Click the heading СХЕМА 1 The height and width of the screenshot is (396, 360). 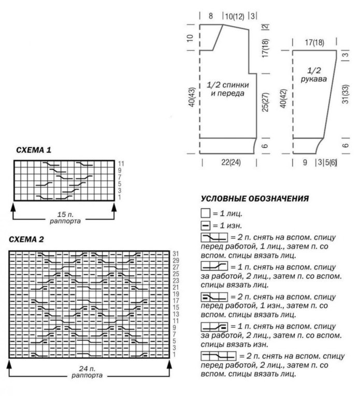pos(34,150)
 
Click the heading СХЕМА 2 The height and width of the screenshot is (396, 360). pos(34,239)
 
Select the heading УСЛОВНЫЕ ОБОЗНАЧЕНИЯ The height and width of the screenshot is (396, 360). pos(255,199)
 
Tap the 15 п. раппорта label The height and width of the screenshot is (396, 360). pos(64,216)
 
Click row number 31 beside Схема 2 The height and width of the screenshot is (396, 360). pos(176,253)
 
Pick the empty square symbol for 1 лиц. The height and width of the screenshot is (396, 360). pos(205,213)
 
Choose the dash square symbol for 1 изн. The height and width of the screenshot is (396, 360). pos(205,225)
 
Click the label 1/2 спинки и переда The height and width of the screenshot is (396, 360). pos(228,89)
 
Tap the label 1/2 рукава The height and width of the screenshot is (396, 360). pos(313,75)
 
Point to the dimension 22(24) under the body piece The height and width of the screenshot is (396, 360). pos(232,163)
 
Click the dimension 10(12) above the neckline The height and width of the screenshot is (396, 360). pos(234,16)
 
